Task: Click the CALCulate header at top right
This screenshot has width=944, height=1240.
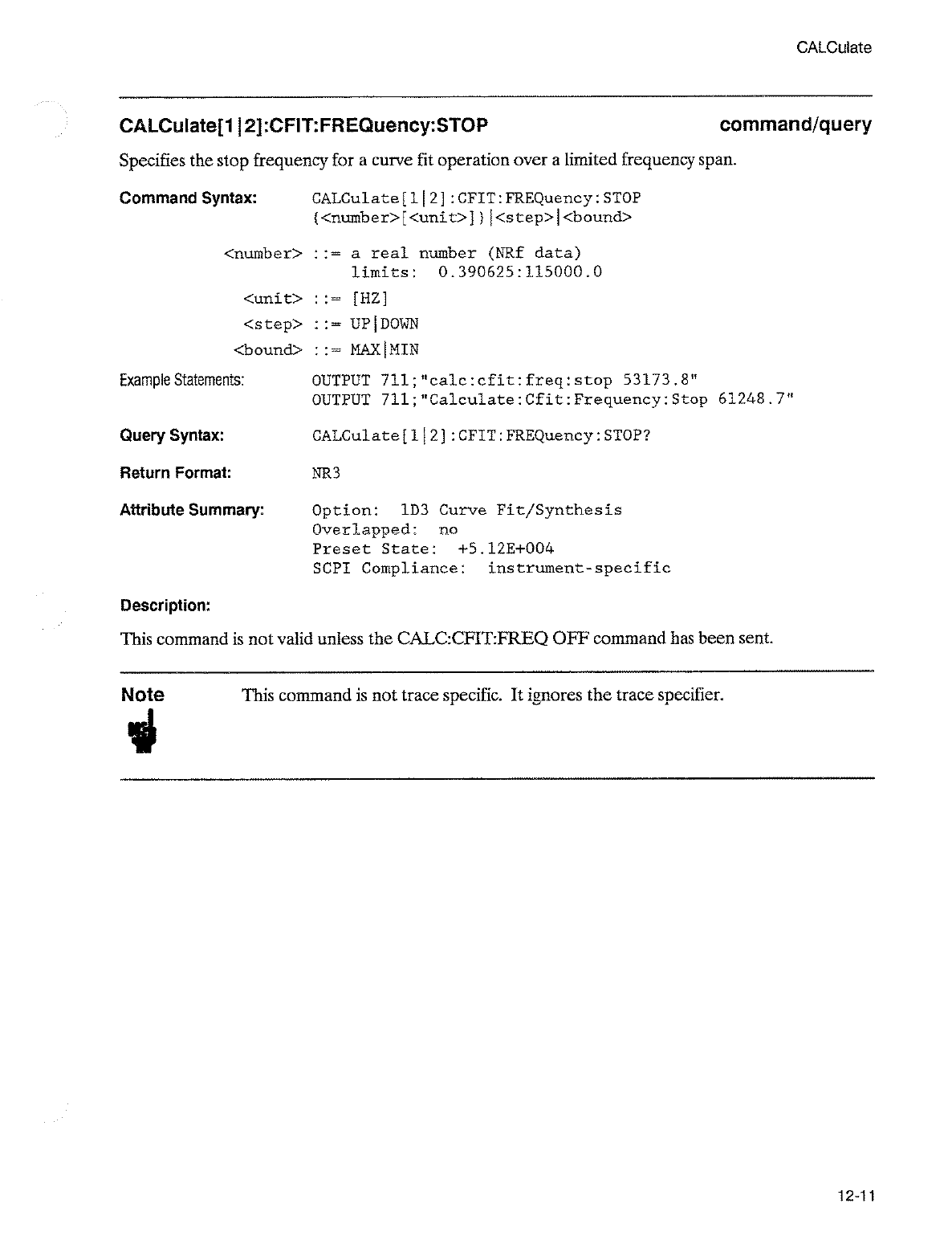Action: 833,47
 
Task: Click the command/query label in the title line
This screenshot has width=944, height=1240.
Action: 795,125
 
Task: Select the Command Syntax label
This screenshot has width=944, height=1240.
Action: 188,198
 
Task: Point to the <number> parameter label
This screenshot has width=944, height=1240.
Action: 262,254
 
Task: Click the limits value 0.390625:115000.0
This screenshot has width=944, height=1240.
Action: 520,272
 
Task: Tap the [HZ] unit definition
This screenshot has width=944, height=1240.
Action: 370,299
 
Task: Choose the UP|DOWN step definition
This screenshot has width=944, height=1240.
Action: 385,324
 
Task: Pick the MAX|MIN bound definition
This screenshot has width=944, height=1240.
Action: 385,350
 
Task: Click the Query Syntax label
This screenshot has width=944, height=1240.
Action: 172,436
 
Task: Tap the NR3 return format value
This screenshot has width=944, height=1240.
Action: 326,473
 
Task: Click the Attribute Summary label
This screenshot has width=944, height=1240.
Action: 192,511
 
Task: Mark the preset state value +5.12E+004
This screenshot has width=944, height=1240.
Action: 506,549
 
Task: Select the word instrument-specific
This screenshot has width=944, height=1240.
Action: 579,569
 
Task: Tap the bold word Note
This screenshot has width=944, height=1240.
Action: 143,695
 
